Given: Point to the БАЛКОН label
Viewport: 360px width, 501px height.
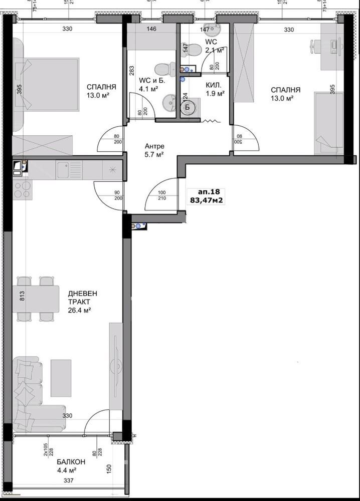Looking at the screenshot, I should click(67, 461).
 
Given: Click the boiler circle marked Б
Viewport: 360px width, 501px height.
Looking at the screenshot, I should click(188, 107).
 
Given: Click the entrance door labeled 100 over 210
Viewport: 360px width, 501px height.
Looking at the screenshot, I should click(161, 196).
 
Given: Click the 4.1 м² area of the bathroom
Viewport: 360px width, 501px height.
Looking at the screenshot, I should click(148, 90).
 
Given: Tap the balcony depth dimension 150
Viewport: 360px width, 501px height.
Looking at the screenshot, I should click(108, 470).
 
